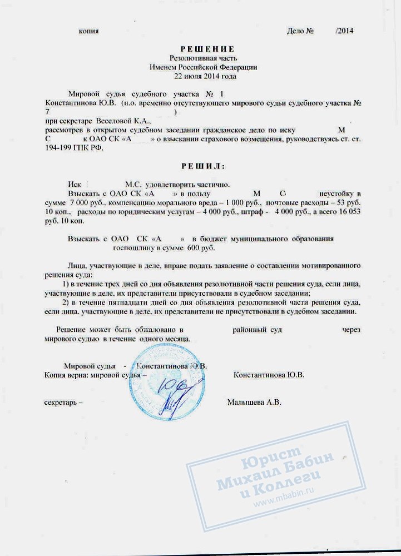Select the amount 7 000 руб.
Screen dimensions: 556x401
(x=85, y=202)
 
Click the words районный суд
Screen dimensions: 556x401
(x=257, y=330)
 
